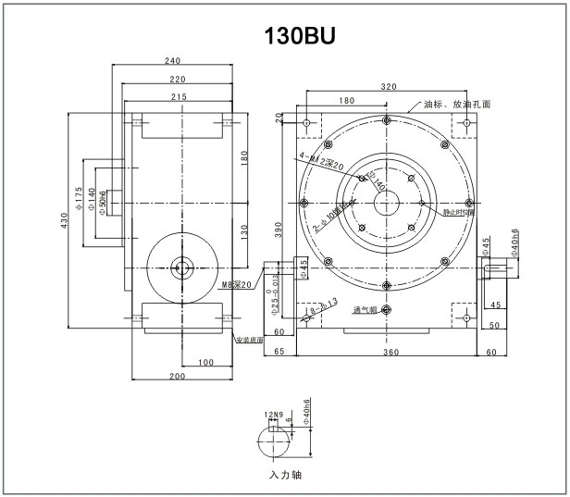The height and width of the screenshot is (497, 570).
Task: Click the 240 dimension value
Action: point(171,61)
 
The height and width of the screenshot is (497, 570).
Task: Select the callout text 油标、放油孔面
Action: point(456,105)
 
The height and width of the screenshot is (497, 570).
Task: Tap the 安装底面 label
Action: point(249,340)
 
